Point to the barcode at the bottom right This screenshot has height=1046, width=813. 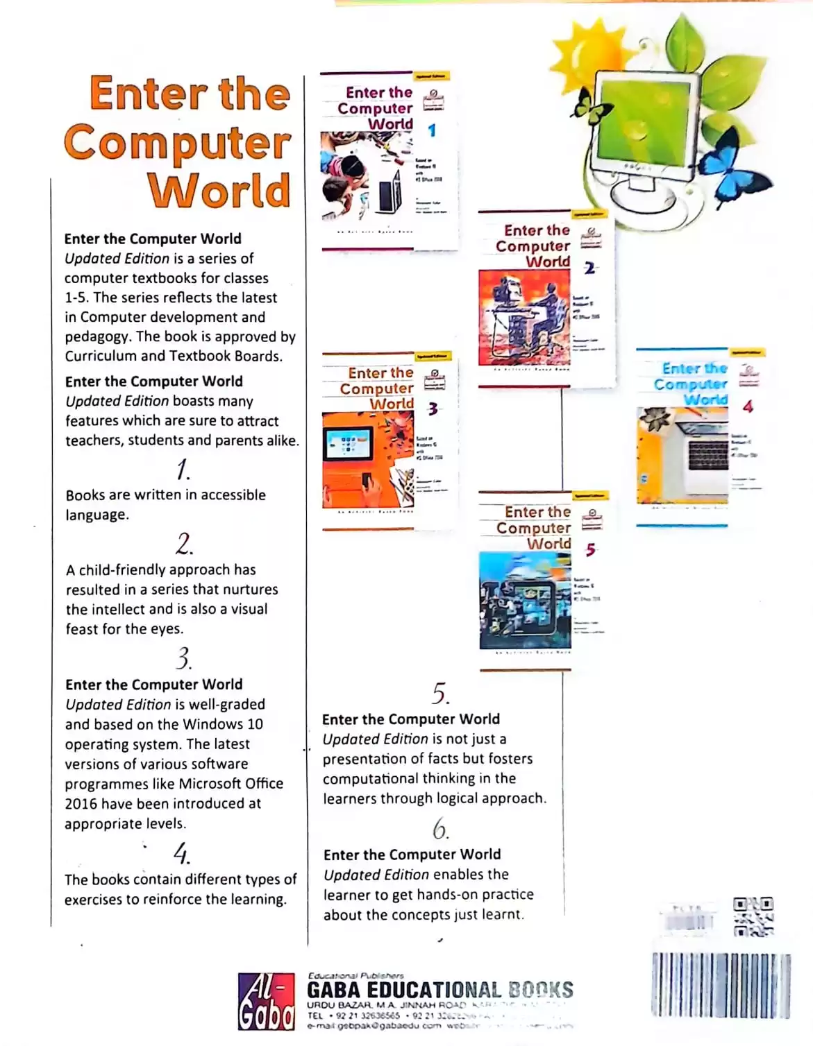point(721,986)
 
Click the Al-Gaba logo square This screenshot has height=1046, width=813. point(266,1001)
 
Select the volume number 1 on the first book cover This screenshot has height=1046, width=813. point(432,130)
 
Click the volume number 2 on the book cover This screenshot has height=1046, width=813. point(589,268)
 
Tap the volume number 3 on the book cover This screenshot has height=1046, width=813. point(433,409)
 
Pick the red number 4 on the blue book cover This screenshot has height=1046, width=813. point(748,406)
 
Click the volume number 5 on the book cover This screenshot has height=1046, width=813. point(590,550)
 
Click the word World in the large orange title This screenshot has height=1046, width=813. point(219,190)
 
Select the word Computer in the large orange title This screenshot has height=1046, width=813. point(178,142)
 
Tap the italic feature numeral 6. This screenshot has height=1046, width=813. point(441,829)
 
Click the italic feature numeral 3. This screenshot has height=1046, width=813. point(183,658)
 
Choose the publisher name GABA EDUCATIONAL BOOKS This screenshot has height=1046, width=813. point(440,990)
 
